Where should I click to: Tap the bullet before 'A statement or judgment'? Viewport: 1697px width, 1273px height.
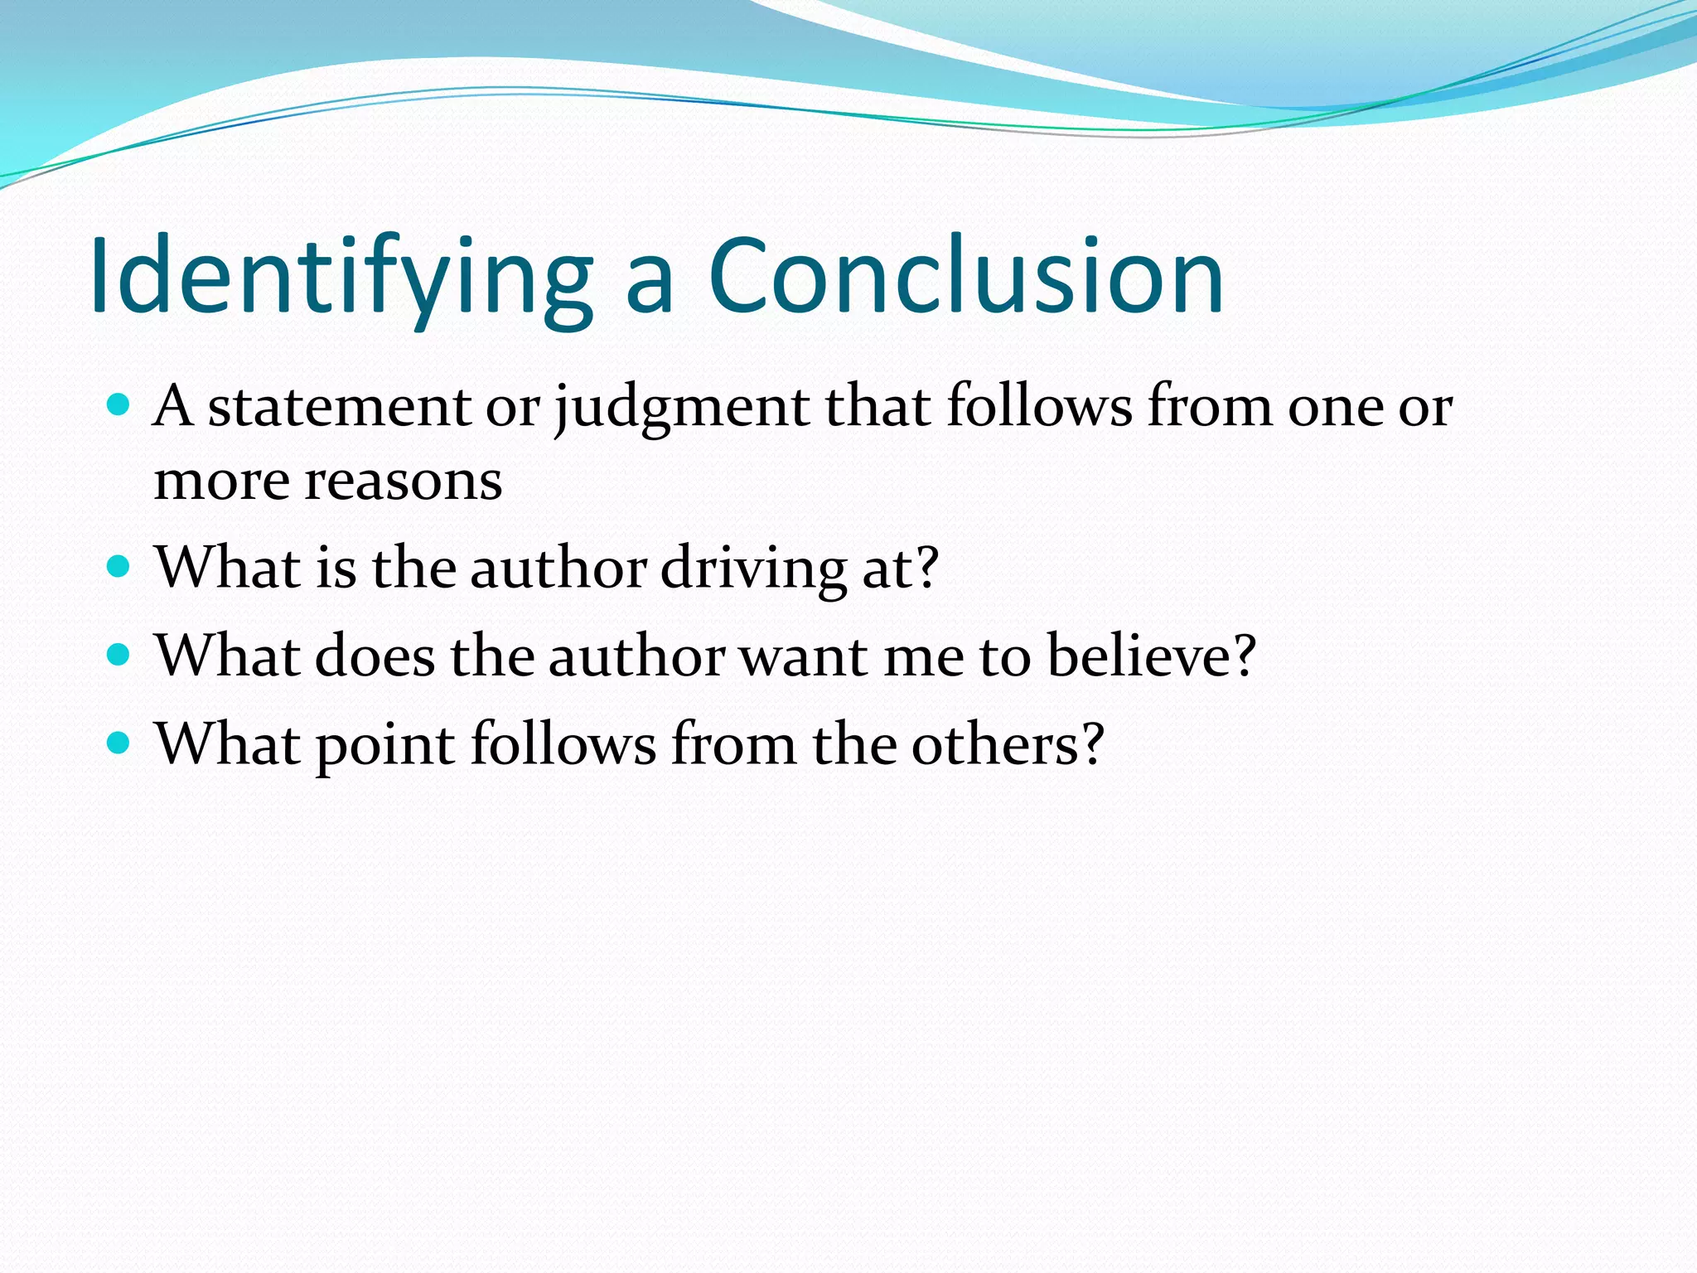point(119,405)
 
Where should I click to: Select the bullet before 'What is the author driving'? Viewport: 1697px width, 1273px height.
point(119,567)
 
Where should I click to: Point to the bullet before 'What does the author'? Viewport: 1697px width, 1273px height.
point(119,656)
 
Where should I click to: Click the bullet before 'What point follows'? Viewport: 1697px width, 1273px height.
point(119,743)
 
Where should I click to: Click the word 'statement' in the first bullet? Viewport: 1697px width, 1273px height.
point(339,408)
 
